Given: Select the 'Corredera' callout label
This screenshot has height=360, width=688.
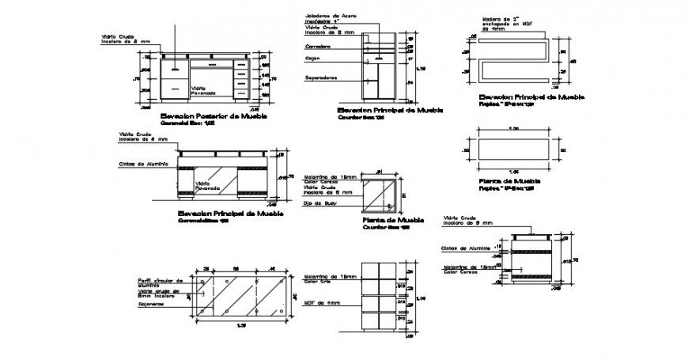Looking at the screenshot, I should coord(318,47).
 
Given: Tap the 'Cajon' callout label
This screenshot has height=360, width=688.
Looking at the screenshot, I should coord(313,58).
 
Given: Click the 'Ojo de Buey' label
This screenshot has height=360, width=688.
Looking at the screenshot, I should coord(320,203).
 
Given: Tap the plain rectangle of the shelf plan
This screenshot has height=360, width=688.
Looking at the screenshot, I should coord(512,148).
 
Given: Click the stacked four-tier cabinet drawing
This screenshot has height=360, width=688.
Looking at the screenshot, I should coord(381,297).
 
